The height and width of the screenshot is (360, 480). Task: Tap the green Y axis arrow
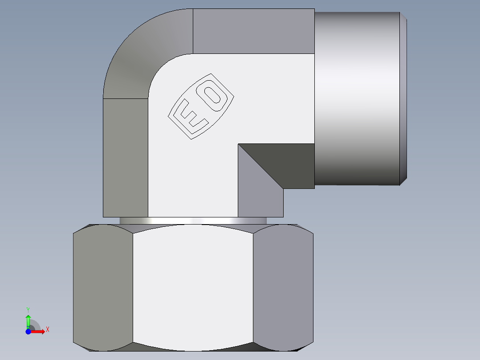28,320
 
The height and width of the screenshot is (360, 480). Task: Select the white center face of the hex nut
193,285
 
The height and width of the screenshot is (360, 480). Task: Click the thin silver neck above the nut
193,221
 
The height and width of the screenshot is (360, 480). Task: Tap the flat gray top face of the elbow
254,31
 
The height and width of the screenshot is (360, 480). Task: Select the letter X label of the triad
47,330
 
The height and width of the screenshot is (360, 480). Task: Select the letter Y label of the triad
28,309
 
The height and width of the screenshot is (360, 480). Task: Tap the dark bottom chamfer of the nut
193,348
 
